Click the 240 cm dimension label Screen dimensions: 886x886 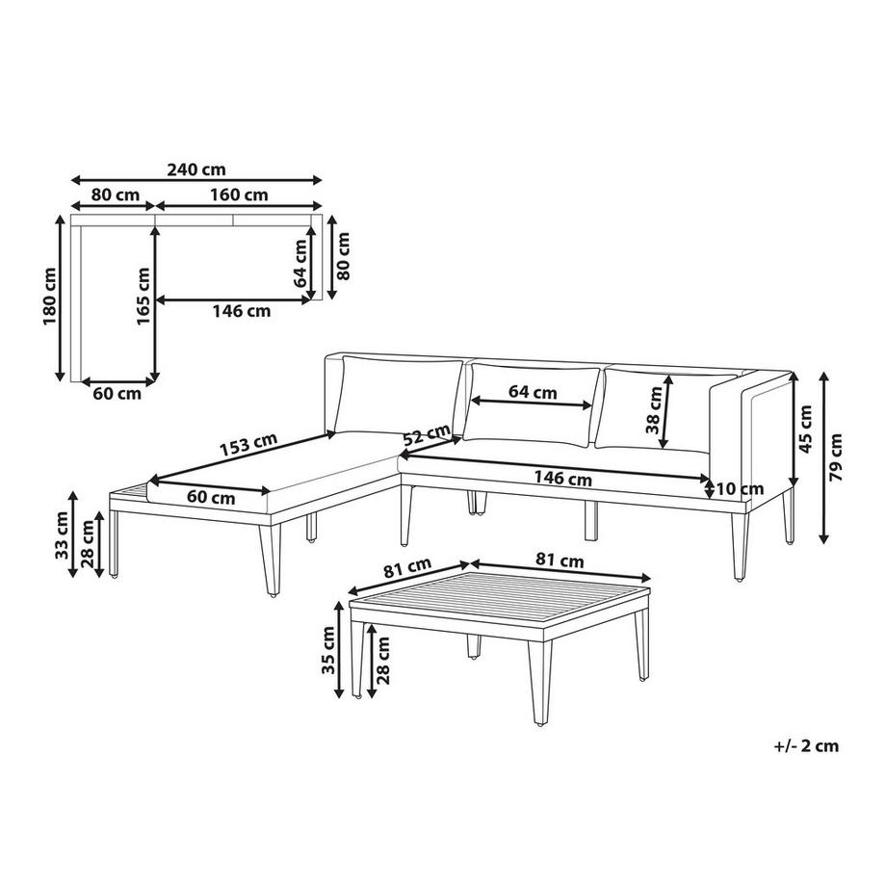[195, 169]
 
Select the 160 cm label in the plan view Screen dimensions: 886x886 [241, 195]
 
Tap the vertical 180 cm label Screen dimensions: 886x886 [50, 297]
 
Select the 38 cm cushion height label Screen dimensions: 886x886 [656, 410]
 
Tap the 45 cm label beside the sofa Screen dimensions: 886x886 [806, 428]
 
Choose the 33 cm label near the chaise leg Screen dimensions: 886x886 [62, 536]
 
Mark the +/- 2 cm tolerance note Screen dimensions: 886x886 [806, 745]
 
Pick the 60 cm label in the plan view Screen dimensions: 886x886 [116, 393]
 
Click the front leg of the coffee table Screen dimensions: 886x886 [535, 684]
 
